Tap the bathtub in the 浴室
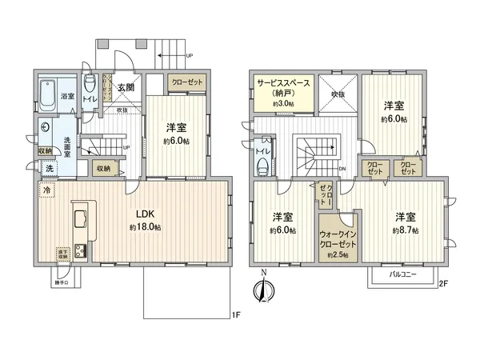click(50, 86)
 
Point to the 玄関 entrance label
click(125, 88)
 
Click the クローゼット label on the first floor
click(186, 82)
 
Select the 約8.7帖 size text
click(406, 230)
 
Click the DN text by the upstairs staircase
click(342, 169)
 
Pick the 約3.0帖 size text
click(283, 104)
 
